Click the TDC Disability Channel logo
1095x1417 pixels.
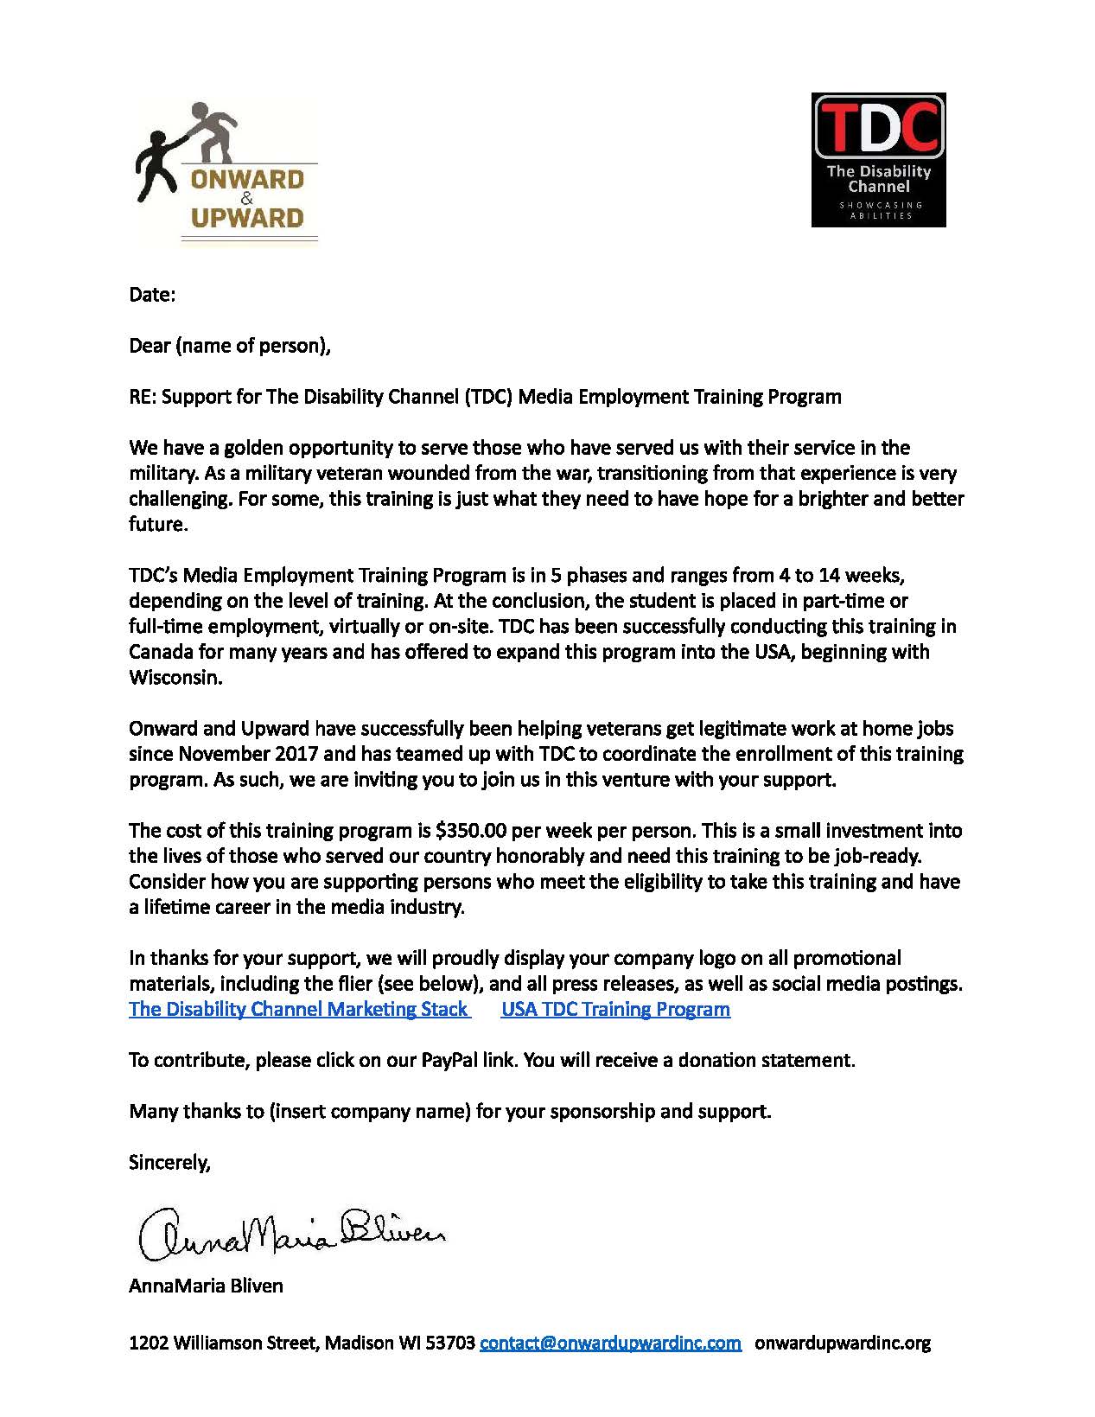(878, 160)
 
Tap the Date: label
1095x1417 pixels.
(152, 295)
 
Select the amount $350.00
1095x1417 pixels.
(472, 831)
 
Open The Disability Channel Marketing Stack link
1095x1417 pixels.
(299, 1009)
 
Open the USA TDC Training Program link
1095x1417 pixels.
(615, 1009)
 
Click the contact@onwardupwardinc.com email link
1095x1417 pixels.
(610, 1343)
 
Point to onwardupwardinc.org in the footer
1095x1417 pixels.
(843, 1343)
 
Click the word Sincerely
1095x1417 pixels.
(169, 1162)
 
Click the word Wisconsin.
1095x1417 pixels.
(175, 677)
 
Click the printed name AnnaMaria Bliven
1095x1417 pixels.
(206, 1286)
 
